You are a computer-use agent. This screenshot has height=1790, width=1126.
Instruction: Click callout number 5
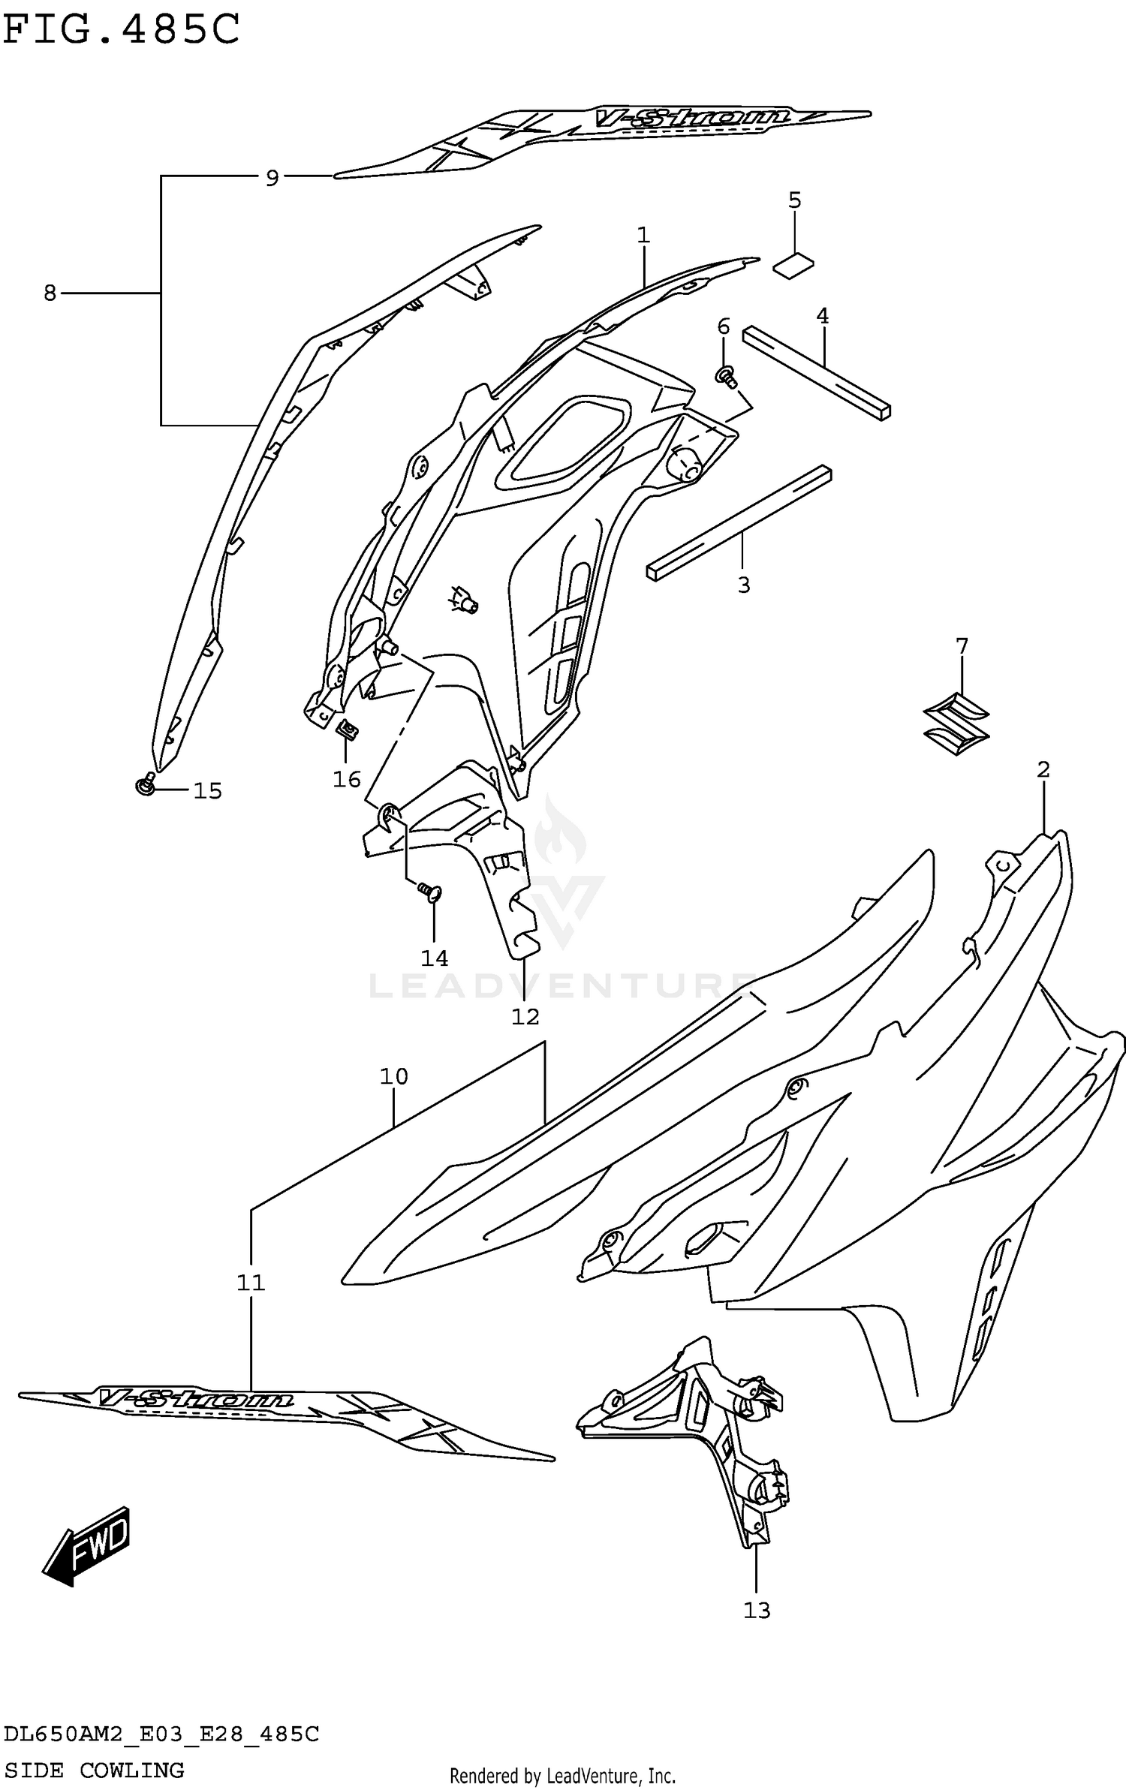click(794, 200)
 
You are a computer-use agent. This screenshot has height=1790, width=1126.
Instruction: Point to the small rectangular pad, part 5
click(794, 265)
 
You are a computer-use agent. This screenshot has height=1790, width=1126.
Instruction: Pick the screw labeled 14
click(431, 891)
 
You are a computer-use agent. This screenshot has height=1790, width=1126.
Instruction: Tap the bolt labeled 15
click(146, 784)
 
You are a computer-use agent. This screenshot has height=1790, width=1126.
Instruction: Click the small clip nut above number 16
click(347, 728)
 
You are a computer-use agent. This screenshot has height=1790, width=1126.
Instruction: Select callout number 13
click(757, 1610)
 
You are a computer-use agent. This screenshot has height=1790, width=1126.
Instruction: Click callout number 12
click(525, 1017)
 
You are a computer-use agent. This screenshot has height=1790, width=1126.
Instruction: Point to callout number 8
click(50, 293)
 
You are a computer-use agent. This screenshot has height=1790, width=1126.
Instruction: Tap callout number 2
click(1043, 769)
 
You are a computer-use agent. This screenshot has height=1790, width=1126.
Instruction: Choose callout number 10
click(393, 1076)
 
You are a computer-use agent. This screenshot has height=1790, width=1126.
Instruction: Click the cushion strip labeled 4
click(817, 372)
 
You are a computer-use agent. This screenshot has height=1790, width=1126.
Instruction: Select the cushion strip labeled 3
click(739, 522)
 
